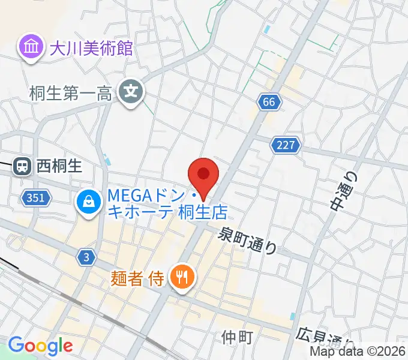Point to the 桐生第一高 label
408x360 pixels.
(x=70, y=92)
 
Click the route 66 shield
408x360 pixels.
(x=270, y=102)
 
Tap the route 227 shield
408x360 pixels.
(x=286, y=145)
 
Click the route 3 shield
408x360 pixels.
(x=86, y=257)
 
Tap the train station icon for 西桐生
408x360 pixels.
(x=23, y=166)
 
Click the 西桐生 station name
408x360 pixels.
(x=59, y=166)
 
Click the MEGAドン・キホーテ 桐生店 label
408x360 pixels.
(x=167, y=203)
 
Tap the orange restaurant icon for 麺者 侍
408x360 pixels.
(x=181, y=277)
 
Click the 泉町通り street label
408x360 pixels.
(x=248, y=241)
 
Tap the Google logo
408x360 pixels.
(x=40, y=346)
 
